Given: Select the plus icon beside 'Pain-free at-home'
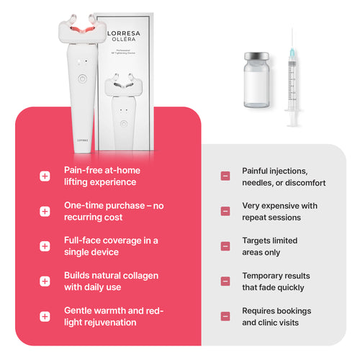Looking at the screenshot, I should pyautogui.click(x=45, y=176).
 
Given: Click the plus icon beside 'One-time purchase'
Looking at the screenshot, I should pyautogui.click(x=45, y=211).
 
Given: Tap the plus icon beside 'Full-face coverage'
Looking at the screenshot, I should pyautogui.click(x=45, y=246).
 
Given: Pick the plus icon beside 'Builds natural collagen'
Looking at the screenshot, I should pyautogui.click(x=45, y=281).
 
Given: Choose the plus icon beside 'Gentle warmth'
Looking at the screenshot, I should pyautogui.click(x=45, y=316).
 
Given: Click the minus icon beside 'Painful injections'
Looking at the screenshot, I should pyautogui.click(x=225, y=176).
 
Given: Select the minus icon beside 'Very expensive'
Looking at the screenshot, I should pyautogui.click(x=225, y=211).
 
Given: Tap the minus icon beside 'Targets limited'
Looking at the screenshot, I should pyautogui.click(x=225, y=246).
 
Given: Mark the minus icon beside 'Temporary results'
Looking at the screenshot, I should pyautogui.click(x=225, y=281).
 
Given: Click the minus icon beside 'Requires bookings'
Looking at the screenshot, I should pyautogui.click(x=225, y=316).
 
